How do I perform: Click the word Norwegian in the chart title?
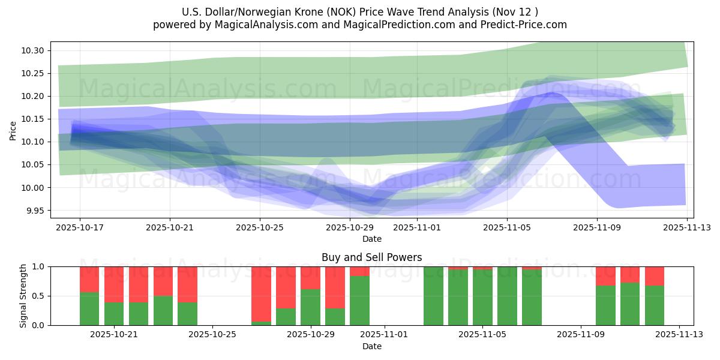[x=280, y=12]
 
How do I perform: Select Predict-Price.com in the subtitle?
[x=523, y=25]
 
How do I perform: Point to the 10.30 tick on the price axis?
[x=34, y=50]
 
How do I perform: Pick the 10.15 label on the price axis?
[x=34, y=119]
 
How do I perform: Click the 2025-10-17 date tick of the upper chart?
[x=80, y=228]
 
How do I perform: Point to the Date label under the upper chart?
[x=371, y=239]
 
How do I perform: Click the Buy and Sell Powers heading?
[x=371, y=257]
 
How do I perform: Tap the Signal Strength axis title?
[x=23, y=296]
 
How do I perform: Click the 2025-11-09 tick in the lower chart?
[x=581, y=335]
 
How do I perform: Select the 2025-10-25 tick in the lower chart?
[x=212, y=335]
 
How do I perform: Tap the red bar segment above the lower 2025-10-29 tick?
[x=310, y=278]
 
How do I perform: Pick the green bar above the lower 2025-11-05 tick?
[x=482, y=298]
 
